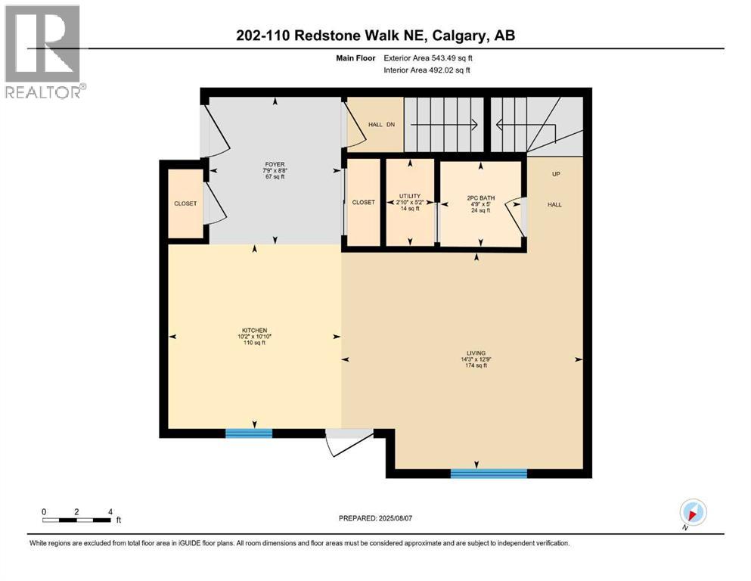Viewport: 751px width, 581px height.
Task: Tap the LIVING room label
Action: tap(476, 359)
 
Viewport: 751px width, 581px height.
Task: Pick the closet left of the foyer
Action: tap(185, 204)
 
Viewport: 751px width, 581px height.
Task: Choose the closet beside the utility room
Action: tap(363, 202)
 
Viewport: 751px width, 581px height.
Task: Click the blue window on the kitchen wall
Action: tap(249, 433)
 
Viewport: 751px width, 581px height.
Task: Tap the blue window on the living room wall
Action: tap(489, 474)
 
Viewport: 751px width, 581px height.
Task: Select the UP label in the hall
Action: tap(556, 174)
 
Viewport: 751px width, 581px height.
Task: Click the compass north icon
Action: tap(693, 512)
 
